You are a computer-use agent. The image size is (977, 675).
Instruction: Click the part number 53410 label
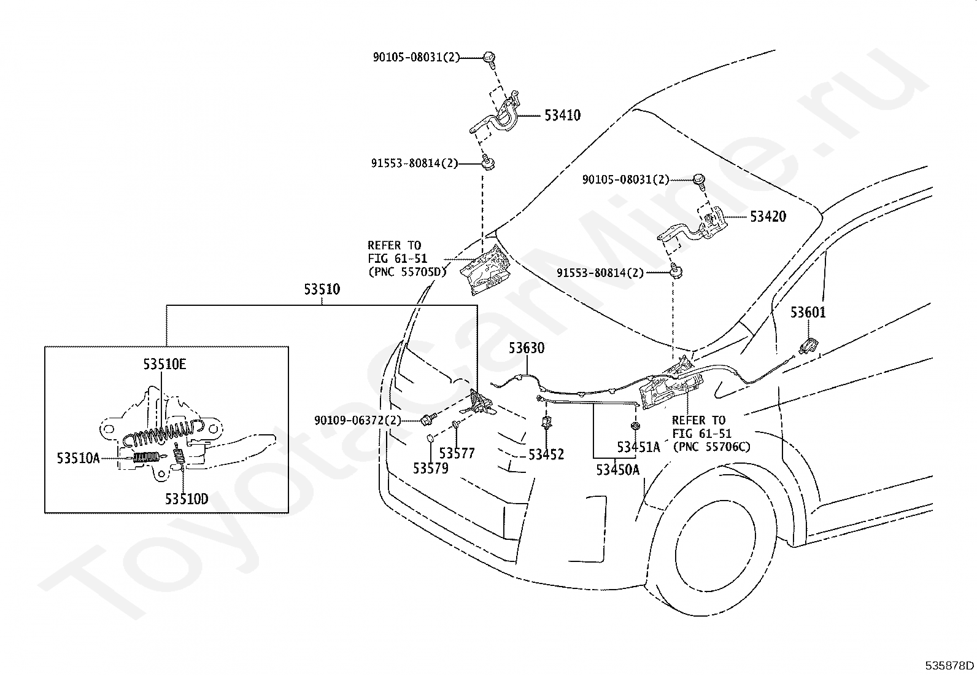coord(563,115)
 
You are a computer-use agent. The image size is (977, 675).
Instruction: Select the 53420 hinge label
coord(768,217)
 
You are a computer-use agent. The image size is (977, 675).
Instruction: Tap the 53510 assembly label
coord(322,289)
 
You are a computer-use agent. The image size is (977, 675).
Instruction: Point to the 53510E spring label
coord(164,364)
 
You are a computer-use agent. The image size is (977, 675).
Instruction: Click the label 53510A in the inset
coord(79,458)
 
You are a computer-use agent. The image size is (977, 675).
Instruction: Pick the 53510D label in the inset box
coord(187,499)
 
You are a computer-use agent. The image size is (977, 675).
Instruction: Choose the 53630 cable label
coord(527,348)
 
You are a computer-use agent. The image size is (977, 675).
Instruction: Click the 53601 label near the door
coord(808,312)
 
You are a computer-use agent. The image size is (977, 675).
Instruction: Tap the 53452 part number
coord(546,455)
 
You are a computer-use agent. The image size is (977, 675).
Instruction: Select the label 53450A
coord(617,470)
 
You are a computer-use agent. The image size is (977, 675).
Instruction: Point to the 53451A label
coord(638,447)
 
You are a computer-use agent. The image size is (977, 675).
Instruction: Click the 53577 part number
coord(457,453)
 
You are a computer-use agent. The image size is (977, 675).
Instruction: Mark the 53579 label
coord(431,468)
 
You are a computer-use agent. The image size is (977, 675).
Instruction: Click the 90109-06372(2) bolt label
coord(358,421)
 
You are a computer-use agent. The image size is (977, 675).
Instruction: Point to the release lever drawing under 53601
coord(808,346)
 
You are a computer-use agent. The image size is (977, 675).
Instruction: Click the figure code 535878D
coord(949,665)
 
